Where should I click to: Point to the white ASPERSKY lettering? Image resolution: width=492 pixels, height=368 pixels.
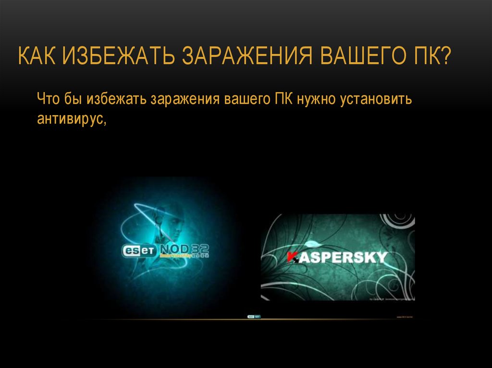(343, 257)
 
